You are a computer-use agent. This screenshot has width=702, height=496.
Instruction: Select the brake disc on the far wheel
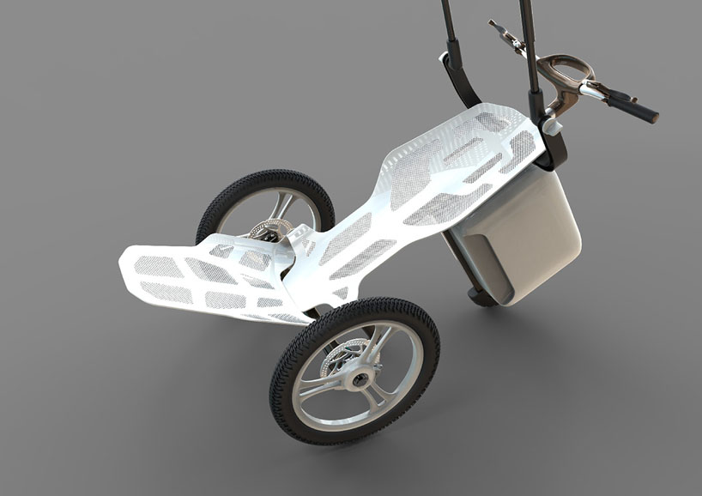click(x=262, y=229)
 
